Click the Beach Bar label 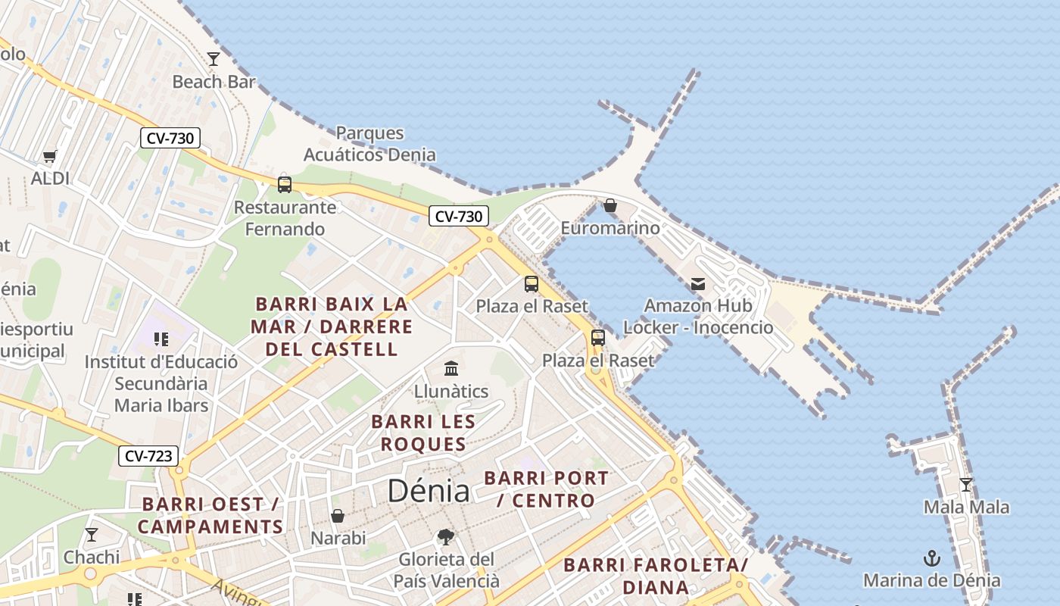pos(214,82)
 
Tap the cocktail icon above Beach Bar pos(214,58)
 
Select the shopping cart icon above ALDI pos(50,157)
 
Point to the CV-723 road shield pos(148,456)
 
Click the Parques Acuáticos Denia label pos(369,144)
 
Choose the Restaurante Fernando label pos(285,218)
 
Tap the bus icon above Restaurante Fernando pos(285,184)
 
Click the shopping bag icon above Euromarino pos(610,205)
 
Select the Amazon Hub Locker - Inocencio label pos(698,317)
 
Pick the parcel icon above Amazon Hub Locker pos(698,284)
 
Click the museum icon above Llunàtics pos(451,369)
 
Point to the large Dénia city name pos(429,491)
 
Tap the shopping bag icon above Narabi pos(338,516)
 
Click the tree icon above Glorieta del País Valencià pos(446,537)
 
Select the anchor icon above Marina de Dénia pos(932,559)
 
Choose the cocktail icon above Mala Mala pos(966,485)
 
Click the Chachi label pos(92,558)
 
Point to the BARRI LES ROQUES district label pos(423,433)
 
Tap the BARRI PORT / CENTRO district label pos(546,489)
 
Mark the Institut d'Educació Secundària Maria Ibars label pos(161,383)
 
